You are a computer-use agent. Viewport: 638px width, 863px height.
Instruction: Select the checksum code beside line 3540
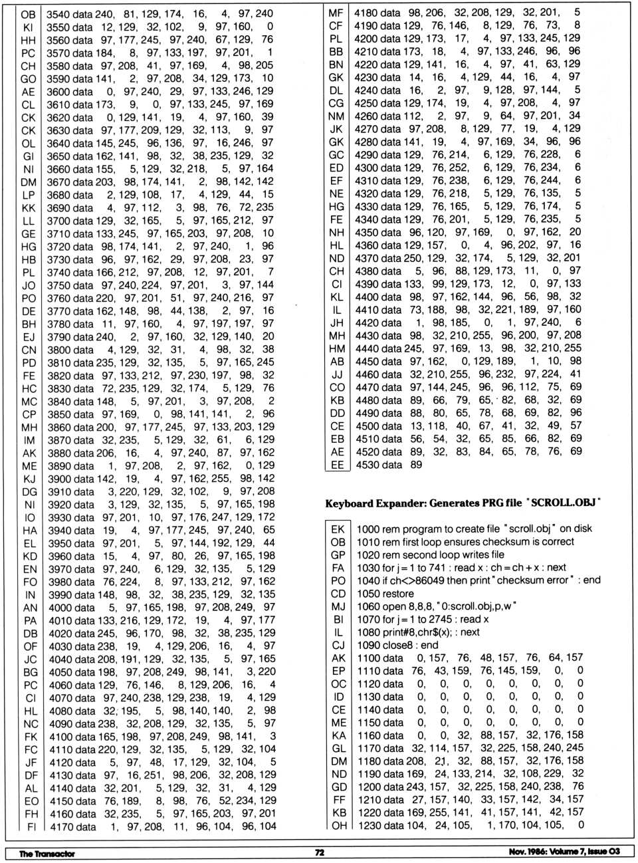pyautogui.click(x=28, y=13)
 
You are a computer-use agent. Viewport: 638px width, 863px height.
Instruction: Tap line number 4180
pyautogui.click(x=366, y=13)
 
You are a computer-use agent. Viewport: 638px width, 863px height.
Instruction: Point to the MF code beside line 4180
pyautogui.click(x=336, y=13)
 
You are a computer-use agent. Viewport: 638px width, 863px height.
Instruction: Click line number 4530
pyautogui.click(x=366, y=465)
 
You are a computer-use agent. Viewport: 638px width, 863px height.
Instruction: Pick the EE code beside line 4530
pyautogui.click(x=337, y=465)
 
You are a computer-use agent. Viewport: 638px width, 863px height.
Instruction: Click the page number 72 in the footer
pyautogui.click(x=320, y=852)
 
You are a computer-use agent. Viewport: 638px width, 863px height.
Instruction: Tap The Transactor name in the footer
pyautogui.click(x=47, y=853)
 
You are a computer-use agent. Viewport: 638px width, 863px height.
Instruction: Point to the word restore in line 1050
pyautogui.click(x=398, y=593)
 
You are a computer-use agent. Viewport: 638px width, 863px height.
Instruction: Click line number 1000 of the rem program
pyautogui.click(x=368, y=529)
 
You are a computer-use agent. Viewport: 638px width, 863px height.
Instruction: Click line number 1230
pyautogui.click(x=370, y=825)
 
